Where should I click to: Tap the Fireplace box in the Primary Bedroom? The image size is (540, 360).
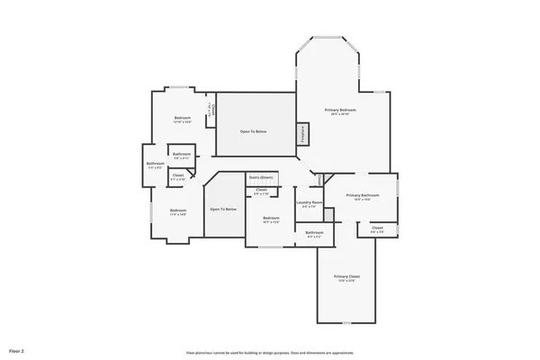click(303, 132)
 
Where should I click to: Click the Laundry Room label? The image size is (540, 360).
click(309, 202)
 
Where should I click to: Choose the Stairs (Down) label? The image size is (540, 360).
click(261, 177)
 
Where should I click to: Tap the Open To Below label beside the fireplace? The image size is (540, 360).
click(253, 131)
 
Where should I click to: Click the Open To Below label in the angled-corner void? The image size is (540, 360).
click(223, 209)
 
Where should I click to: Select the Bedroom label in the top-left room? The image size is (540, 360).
click(182, 118)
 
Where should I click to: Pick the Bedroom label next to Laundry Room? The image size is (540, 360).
click(271, 218)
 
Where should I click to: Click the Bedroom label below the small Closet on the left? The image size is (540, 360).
click(178, 211)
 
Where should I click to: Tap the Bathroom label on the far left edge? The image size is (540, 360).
click(154, 163)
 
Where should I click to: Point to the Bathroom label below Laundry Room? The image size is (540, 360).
click(314, 233)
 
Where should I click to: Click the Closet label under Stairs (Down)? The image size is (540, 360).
click(261, 190)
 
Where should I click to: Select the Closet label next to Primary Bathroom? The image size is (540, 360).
click(377, 228)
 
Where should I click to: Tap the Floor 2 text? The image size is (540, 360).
click(17, 349)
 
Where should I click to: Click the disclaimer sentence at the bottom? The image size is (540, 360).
click(270, 351)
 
